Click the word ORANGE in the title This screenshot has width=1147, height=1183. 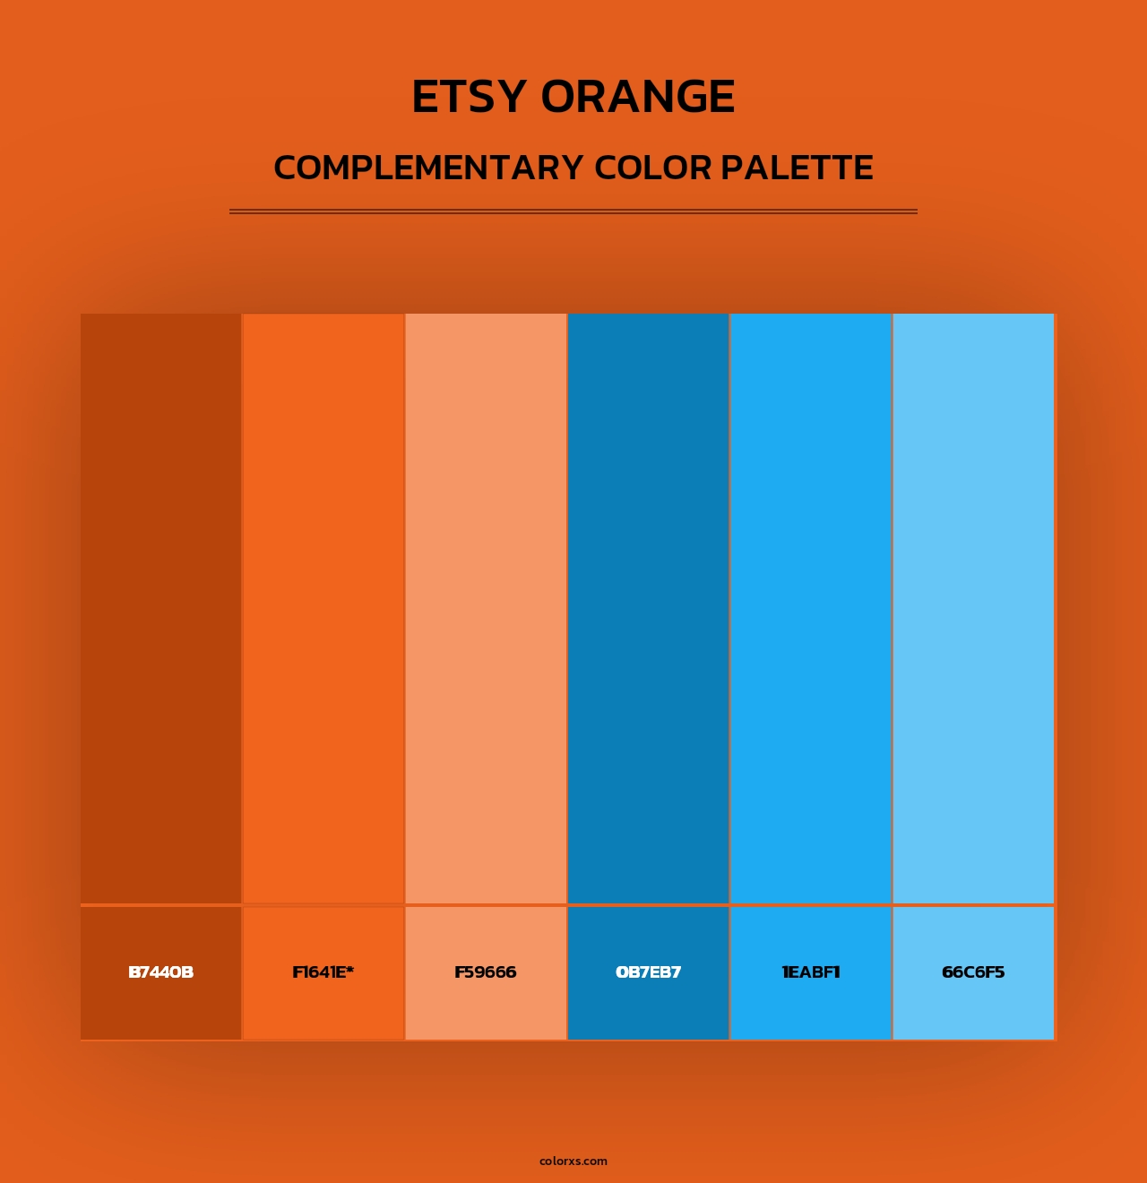click(x=638, y=97)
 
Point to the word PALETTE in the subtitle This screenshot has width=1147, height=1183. click(x=797, y=168)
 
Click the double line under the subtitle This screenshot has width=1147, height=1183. click(x=573, y=212)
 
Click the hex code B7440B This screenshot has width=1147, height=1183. click(x=161, y=972)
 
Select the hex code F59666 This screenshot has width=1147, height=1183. click(x=486, y=972)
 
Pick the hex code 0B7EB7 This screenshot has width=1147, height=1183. click(x=648, y=972)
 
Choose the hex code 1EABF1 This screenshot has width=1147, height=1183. click(x=811, y=972)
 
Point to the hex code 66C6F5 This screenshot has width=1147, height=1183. click(x=973, y=972)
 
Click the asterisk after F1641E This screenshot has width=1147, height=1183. click(x=350, y=969)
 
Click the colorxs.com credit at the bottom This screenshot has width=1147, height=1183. click(x=573, y=1161)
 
